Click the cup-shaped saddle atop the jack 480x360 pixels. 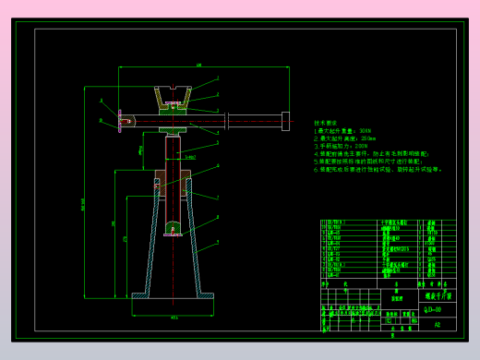[173, 95]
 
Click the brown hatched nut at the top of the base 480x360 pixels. [173, 180]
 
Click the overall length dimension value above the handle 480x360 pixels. [198, 65]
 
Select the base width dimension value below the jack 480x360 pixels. [174, 318]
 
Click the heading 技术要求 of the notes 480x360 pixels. [326, 123]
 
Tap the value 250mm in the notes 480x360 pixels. [369, 138]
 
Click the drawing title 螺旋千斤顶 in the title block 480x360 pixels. [436, 296]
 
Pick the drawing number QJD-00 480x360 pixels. [432, 309]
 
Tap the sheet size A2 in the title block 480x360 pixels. [438, 325]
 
